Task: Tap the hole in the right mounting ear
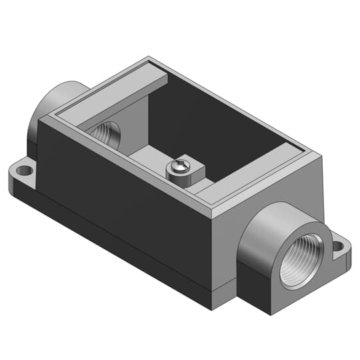[x=338, y=247]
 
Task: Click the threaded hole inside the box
[x=106, y=133]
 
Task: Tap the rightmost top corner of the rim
[x=323, y=155]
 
